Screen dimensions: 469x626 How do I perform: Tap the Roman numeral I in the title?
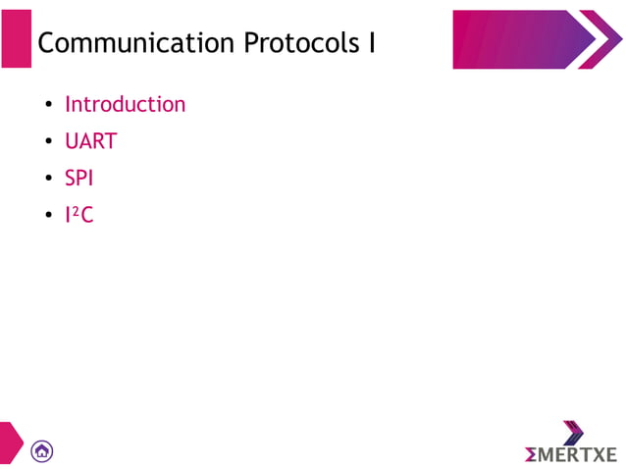click(373, 44)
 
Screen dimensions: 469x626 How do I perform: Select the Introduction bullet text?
click(125, 104)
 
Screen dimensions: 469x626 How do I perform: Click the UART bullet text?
click(90, 141)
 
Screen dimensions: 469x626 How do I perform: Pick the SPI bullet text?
click(78, 179)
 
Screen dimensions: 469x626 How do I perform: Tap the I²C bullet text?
click(78, 215)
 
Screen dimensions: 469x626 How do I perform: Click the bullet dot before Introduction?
click(46, 106)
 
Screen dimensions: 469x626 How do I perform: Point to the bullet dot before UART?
click(46, 143)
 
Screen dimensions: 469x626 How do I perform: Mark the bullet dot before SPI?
click(46, 181)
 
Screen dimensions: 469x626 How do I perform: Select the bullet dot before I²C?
click(46, 217)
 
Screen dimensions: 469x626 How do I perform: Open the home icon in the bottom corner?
click(42, 450)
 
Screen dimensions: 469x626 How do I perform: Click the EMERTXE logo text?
click(571, 454)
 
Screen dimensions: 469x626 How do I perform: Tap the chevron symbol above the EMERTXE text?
click(573, 433)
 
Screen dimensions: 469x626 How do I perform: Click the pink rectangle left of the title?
click(16, 39)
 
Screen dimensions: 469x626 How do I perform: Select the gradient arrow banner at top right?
click(520, 39)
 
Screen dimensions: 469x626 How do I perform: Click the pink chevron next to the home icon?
click(10, 443)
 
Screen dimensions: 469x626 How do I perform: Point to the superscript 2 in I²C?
click(75, 210)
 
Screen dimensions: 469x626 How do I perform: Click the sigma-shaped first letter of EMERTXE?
click(531, 455)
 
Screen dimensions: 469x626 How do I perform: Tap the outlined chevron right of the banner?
click(600, 39)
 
